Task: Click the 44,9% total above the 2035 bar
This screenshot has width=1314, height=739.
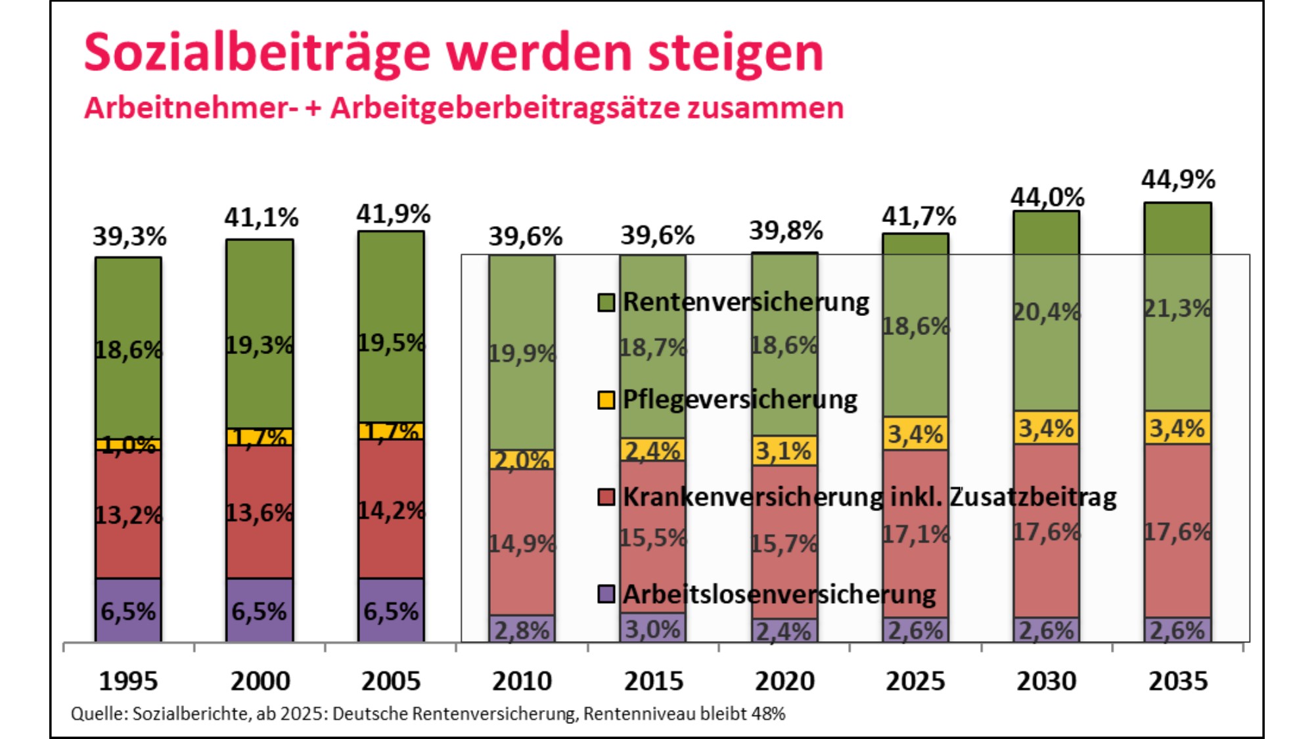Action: pos(1178,179)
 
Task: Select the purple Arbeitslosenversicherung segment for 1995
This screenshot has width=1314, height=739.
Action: pos(128,611)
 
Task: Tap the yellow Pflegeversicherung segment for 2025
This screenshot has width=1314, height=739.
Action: pos(915,434)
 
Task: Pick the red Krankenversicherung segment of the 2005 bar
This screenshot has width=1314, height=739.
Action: pos(391,509)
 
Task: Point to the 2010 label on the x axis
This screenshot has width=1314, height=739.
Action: pos(522,681)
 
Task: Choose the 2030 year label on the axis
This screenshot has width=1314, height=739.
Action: pos(1047,681)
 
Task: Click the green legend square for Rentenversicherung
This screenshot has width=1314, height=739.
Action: pos(606,303)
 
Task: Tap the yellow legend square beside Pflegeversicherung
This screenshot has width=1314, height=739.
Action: pos(606,400)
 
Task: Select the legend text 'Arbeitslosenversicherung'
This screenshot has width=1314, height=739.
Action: pos(779,594)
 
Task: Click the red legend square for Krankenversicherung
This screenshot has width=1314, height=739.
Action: pos(606,497)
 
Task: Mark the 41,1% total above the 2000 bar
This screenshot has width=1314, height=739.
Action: pos(261,217)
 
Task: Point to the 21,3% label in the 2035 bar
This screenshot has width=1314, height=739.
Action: pos(1177,308)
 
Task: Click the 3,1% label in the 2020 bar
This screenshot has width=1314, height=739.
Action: pos(784,451)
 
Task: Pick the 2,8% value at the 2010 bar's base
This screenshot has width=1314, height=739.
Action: pos(522,631)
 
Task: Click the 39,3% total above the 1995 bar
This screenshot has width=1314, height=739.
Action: pos(129,236)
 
